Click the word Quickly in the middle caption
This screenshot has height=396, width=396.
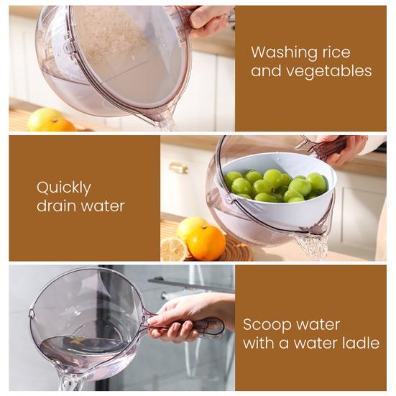coord(64,188)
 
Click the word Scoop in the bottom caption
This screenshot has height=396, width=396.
coord(266,324)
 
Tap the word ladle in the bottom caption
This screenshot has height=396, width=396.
coord(361,343)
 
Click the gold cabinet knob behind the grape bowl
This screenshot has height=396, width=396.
coord(179,167)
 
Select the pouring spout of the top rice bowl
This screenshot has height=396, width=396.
coord(165,118)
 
